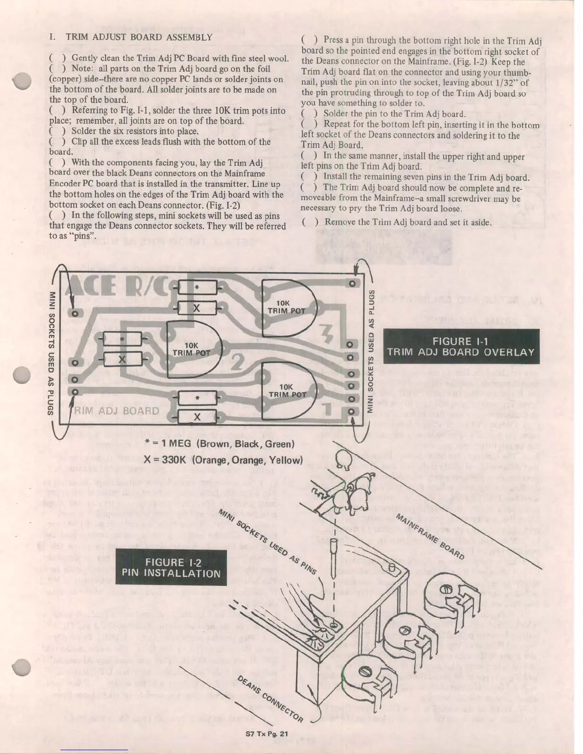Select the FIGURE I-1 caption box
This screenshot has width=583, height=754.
click(x=461, y=347)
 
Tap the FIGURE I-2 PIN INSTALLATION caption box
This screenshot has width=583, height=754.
click(x=171, y=567)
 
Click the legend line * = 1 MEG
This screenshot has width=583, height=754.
click(x=219, y=444)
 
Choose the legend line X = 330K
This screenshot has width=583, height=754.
click(x=223, y=460)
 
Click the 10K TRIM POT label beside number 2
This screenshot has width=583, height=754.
click(x=191, y=349)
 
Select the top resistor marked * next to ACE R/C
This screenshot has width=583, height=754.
click(x=197, y=288)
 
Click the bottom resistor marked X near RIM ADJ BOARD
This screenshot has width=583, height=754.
click(x=197, y=417)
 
